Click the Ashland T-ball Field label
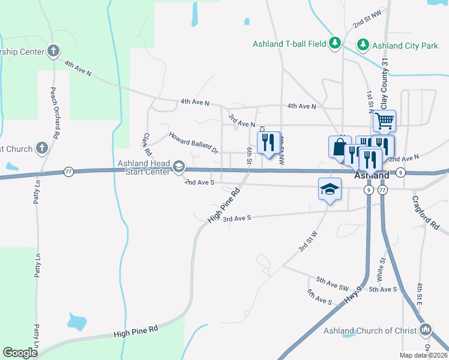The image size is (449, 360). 289,44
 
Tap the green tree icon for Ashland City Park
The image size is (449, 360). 363,44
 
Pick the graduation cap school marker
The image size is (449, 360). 328,190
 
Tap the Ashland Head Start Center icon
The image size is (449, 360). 178,166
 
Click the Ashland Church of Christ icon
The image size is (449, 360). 426,329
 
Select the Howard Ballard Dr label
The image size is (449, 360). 193,143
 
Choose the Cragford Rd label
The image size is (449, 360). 426,211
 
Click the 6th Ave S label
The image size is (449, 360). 319,296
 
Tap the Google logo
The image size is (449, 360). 20,353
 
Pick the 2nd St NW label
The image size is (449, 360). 367,19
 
